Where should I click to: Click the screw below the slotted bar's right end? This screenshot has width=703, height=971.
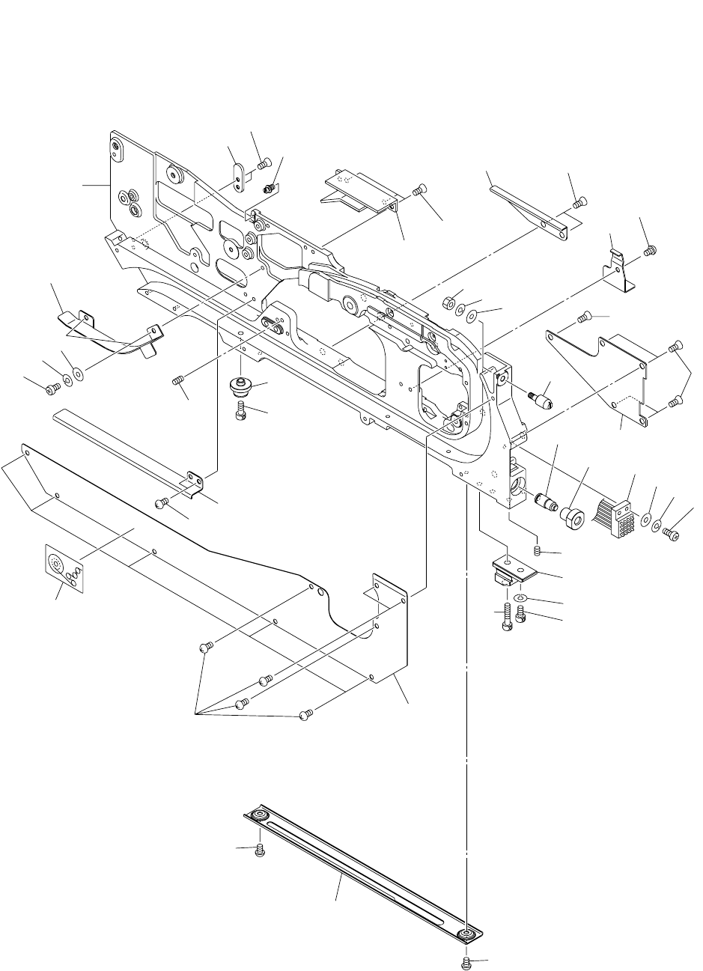(467, 961)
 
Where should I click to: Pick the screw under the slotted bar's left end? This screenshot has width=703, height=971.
(260, 850)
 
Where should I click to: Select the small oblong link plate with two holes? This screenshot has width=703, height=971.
(238, 177)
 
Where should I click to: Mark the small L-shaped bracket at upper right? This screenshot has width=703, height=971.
(620, 268)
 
